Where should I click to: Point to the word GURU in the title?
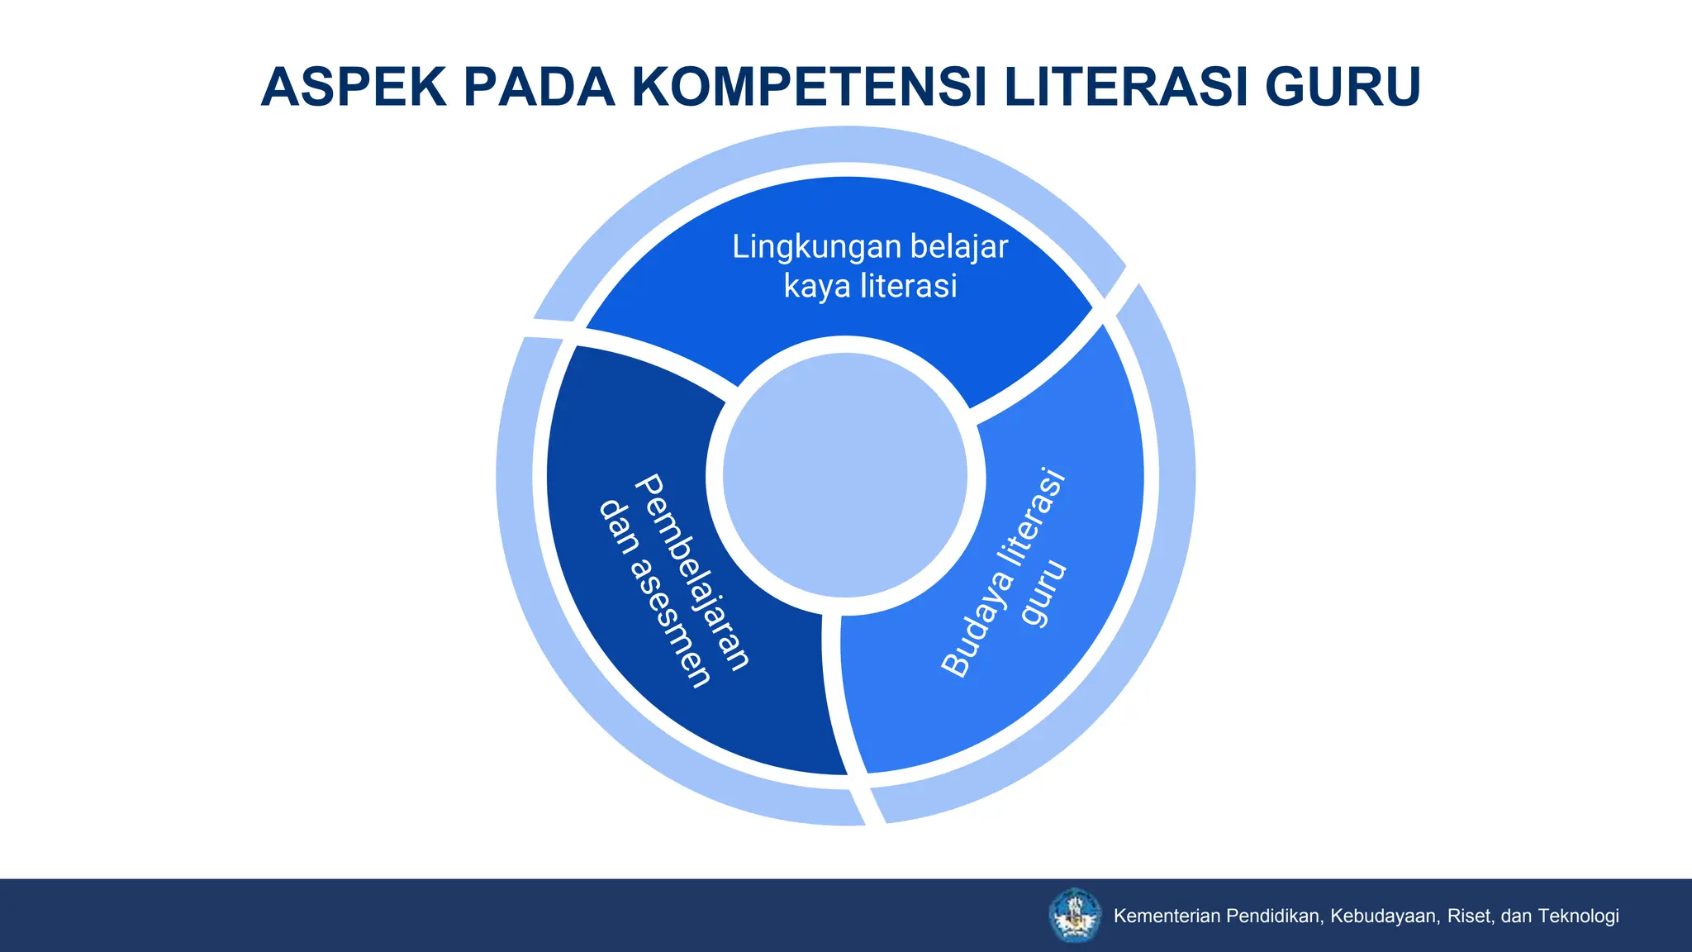point(1343,87)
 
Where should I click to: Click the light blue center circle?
point(845,476)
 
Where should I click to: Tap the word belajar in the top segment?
point(959,247)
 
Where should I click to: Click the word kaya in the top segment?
point(817,287)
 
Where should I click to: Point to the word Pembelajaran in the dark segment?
point(692,571)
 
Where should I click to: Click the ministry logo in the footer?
point(1074,915)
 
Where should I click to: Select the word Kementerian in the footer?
point(1167,916)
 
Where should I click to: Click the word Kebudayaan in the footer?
point(1385,916)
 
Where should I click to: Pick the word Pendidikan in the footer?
point(1275,916)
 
